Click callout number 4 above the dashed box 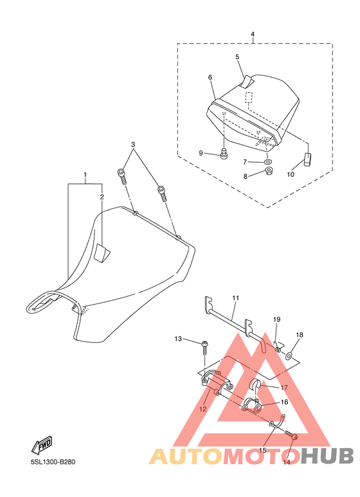(x=252, y=34)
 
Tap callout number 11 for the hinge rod (x=235, y=298)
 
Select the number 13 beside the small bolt (x=178, y=339)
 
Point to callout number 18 (x=300, y=335)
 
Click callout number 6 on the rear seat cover (x=210, y=77)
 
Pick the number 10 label (x=291, y=174)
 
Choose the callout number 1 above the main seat (x=85, y=175)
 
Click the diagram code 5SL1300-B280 (x=53, y=462)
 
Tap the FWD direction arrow (x=42, y=445)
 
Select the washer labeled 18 (x=289, y=356)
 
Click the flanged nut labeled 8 (x=269, y=172)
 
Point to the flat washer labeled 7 (x=269, y=162)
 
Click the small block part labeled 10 (x=308, y=159)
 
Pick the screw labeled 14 (x=291, y=435)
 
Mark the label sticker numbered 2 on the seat (x=102, y=253)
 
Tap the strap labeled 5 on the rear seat (x=248, y=82)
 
